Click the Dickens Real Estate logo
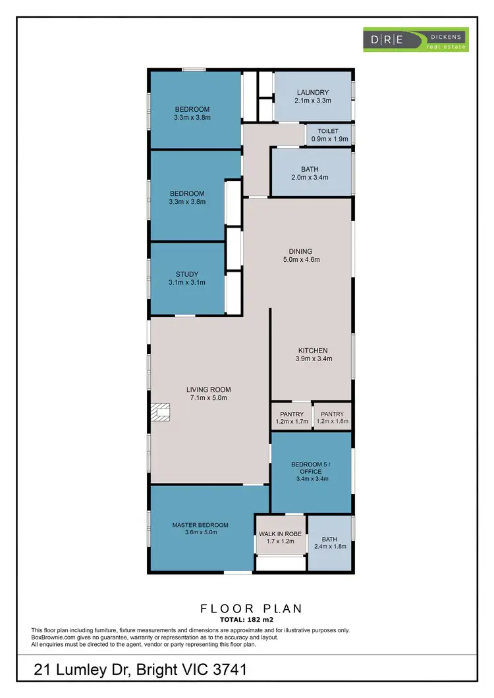click(416, 39)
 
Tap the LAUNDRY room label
click(313, 93)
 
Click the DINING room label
click(300, 251)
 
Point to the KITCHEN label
click(313, 351)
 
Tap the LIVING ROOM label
click(208, 389)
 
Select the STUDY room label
click(186, 274)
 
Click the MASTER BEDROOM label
click(200, 525)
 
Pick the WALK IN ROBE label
click(281, 534)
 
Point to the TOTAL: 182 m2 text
click(246, 620)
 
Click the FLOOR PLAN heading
click(246, 609)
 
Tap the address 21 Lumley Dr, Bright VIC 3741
click(140, 670)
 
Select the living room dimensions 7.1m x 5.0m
click(208, 398)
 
